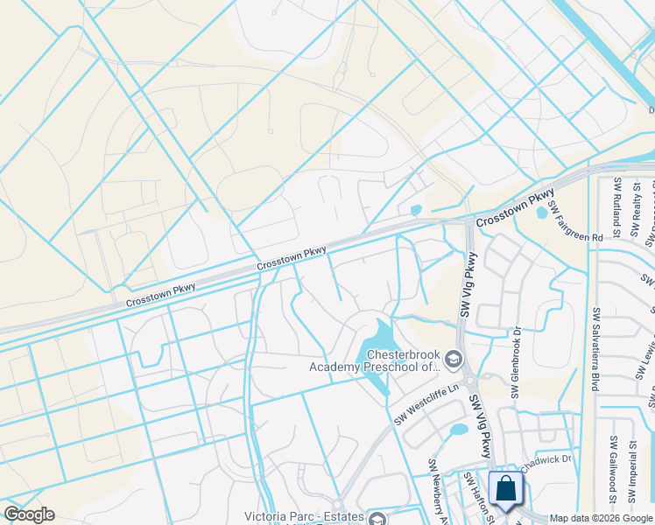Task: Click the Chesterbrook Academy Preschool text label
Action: pos(374,360)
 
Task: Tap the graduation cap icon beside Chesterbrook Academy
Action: pos(453,358)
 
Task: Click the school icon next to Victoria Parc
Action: pos(377,519)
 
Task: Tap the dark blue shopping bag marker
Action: pos(507,490)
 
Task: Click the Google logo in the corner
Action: pos(30,514)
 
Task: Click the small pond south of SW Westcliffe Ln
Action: pos(458,430)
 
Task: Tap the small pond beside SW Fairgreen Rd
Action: pos(542,213)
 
